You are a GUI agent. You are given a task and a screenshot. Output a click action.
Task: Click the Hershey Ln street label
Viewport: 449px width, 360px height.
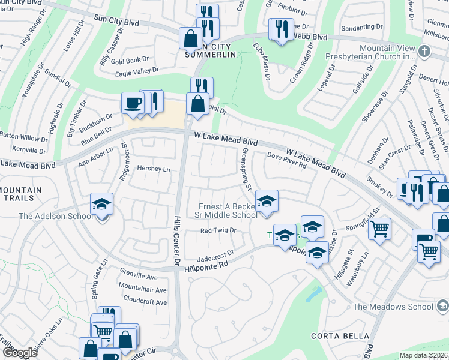pos(154,169)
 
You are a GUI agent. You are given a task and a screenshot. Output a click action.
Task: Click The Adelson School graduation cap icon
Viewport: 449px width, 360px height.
pos(101,205)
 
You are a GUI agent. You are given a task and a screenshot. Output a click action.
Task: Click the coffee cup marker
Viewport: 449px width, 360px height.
pos(132,103)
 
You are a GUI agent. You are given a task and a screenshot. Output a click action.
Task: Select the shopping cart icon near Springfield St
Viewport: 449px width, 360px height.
pos(379,229)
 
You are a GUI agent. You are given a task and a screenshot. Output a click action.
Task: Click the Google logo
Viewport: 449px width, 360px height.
pos(20,353)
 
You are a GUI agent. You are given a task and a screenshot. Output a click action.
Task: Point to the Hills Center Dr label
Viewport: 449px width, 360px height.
pos(177,240)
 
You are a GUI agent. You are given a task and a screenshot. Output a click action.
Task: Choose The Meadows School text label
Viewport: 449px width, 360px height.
pos(393,307)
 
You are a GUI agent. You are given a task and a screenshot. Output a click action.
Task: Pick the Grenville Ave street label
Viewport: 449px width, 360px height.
pos(138,278)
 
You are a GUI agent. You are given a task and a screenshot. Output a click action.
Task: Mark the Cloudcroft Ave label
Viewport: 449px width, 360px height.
pos(145,302)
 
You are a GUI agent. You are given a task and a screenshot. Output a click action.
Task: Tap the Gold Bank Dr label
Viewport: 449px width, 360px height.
pos(130,61)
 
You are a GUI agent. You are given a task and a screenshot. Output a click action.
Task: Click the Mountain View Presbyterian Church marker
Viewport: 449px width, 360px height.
pos(424,50)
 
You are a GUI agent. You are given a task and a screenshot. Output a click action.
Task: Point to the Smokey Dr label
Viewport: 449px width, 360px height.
pos(379,187)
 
